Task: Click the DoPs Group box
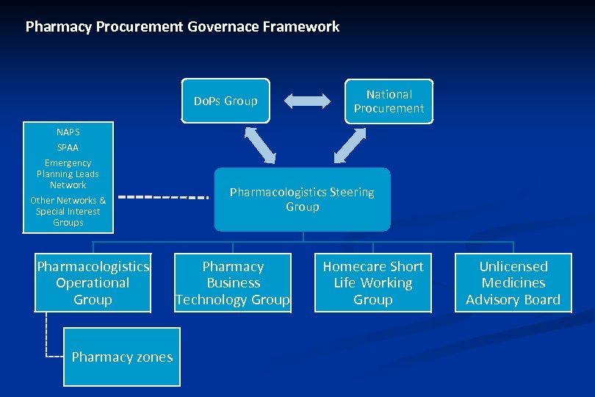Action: click(226, 101)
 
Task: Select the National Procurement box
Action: click(389, 101)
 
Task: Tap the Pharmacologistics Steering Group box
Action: click(302, 200)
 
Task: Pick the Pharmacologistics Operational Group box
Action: click(93, 283)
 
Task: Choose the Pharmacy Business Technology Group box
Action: click(233, 283)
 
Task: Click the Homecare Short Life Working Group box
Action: click(373, 283)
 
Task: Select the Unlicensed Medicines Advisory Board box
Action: click(513, 283)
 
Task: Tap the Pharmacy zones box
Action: click(122, 357)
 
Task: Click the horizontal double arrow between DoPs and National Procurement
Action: click(308, 101)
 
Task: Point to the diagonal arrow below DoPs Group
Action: click(260, 145)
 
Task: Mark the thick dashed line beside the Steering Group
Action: click(163, 197)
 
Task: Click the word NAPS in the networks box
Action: click(68, 132)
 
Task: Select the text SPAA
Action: click(68, 148)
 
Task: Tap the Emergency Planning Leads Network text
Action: click(68, 174)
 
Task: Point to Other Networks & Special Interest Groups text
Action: click(68, 211)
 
